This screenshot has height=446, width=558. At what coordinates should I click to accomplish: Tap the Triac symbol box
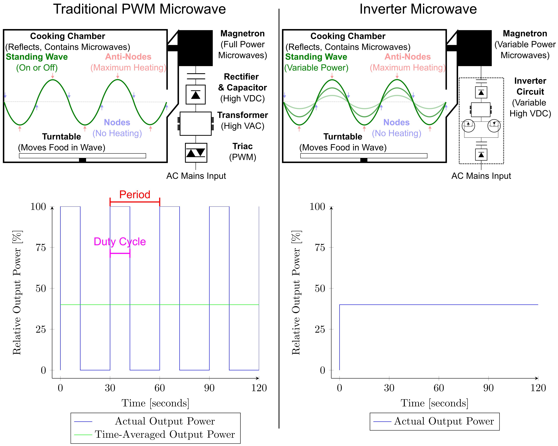[x=196, y=153]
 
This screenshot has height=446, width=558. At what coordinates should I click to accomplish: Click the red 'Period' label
[x=135, y=195]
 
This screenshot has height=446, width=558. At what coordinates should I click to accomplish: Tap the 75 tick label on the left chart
[x=41, y=248]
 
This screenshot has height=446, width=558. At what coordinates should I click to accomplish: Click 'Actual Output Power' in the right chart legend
[x=444, y=421]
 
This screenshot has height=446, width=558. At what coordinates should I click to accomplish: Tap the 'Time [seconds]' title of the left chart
[x=155, y=403]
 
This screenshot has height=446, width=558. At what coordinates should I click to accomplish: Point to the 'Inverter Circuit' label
[x=530, y=86]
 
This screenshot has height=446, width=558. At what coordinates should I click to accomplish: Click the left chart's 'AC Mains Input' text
[x=196, y=176]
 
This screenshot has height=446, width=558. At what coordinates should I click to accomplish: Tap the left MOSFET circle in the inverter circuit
[x=468, y=126]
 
